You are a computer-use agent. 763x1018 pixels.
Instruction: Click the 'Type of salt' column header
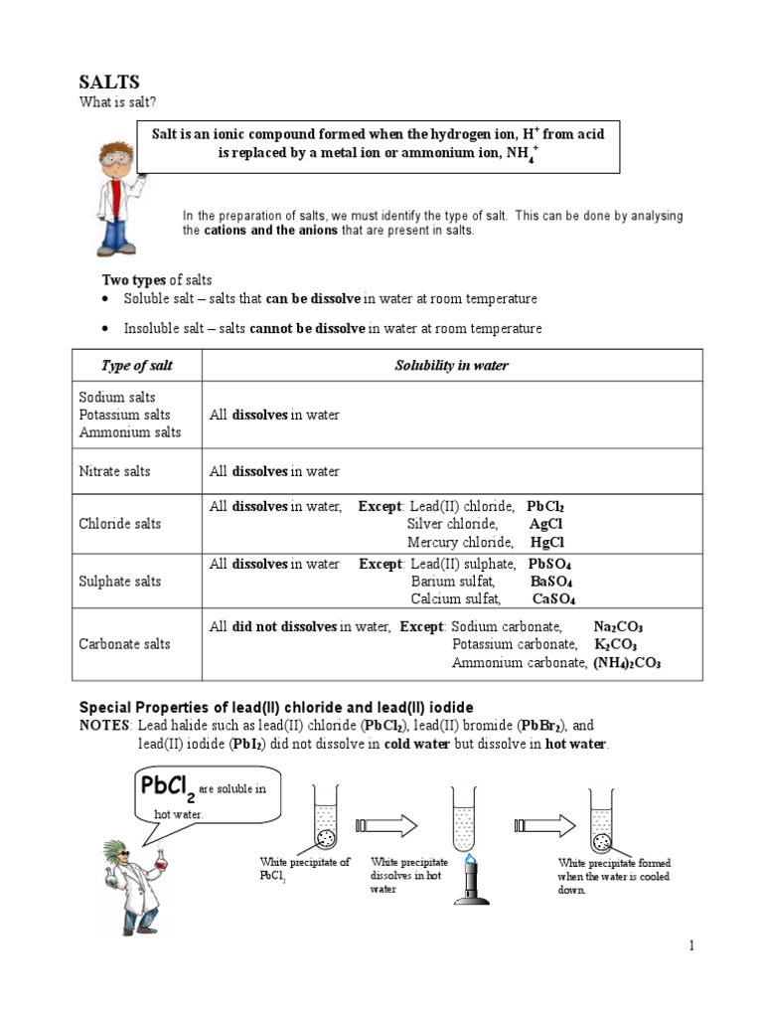click(137, 366)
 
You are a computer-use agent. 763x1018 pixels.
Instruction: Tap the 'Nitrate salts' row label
click(114, 471)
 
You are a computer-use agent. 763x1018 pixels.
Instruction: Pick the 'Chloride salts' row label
click(119, 524)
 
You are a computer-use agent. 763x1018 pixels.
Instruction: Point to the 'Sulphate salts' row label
click(120, 581)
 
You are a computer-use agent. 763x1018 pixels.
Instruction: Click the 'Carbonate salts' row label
click(124, 644)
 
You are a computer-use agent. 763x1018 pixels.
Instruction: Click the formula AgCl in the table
click(547, 524)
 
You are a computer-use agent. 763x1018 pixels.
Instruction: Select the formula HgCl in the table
click(547, 542)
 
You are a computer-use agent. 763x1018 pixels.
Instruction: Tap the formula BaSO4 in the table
click(550, 582)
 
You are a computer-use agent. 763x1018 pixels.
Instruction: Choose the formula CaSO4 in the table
click(554, 598)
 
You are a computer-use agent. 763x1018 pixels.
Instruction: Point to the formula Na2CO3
click(618, 627)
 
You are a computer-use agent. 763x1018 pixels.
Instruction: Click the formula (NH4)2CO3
click(627, 662)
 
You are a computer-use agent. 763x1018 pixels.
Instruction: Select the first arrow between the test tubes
click(391, 824)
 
